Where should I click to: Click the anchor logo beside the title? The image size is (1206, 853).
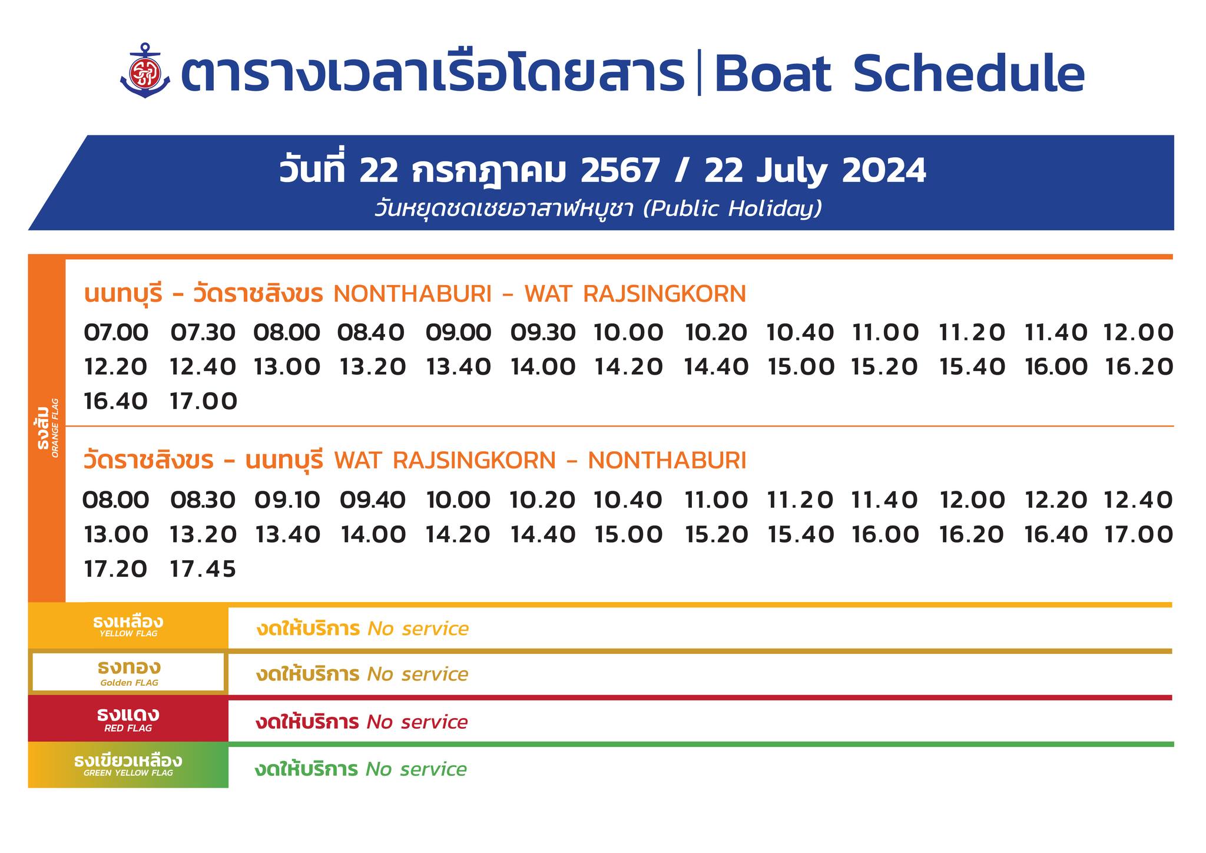(145, 71)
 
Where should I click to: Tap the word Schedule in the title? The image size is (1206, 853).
(968, 74)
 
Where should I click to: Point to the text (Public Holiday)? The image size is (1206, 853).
(732, 209)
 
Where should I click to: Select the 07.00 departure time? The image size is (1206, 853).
(116, 333)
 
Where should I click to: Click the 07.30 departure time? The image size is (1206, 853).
(203, 333)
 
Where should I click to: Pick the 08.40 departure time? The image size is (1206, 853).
(371, 333)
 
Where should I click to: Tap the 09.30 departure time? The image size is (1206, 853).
(542, 333)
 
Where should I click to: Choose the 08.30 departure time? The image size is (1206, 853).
(203, 500)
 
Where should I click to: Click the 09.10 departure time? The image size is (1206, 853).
(287, 500)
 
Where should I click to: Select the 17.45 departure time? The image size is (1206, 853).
(203, 569)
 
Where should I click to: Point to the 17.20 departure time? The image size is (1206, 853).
(115, 569)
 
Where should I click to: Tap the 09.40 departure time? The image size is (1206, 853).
(373, 500)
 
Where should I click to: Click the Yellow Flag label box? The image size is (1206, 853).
(128, 626)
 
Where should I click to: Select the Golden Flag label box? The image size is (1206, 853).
(128, 672)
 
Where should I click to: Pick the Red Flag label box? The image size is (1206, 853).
(128, 719)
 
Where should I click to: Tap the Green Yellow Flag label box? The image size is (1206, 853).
(128, 765)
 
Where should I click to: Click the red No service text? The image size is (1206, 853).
(417, 722)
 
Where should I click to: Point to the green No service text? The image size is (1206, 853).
(416, 769)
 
